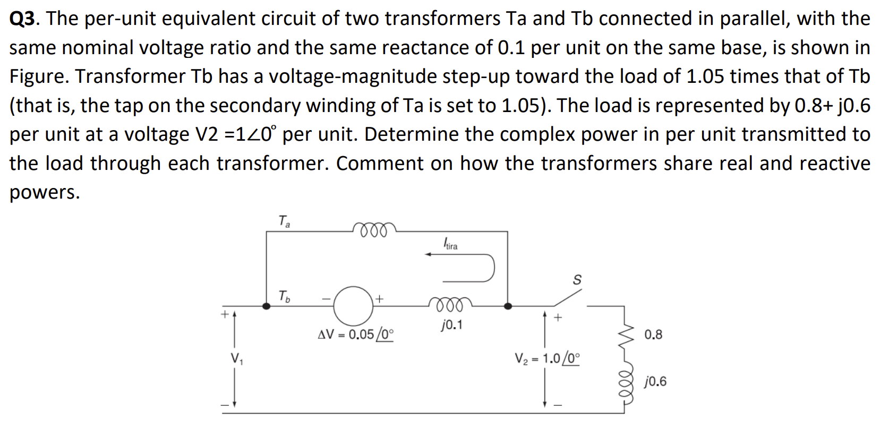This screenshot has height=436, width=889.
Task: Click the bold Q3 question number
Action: (x=22, y=19)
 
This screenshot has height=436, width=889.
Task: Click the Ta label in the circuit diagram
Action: (x=284, y=220)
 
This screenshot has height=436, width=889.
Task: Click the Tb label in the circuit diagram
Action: (x=284, y=296)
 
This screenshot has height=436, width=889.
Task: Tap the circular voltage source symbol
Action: (x=354, y=306)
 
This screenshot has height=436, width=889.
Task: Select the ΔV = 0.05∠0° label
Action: (x=355, y=335)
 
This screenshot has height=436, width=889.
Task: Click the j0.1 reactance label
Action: (x=451, y=324)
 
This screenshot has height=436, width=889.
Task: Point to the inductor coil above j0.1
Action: (x=449, y=304)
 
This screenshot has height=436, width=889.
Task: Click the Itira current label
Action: (x=450, y=244)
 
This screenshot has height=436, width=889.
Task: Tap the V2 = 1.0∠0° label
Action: (x=547, y=358)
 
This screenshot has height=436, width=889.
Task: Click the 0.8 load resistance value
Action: (x=653, y=335)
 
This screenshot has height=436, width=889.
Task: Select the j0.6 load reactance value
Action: (x=655, y=381)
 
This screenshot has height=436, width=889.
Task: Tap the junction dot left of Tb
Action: (x=267, y=306)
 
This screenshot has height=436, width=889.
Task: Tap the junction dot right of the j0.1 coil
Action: (x=508, y=306)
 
